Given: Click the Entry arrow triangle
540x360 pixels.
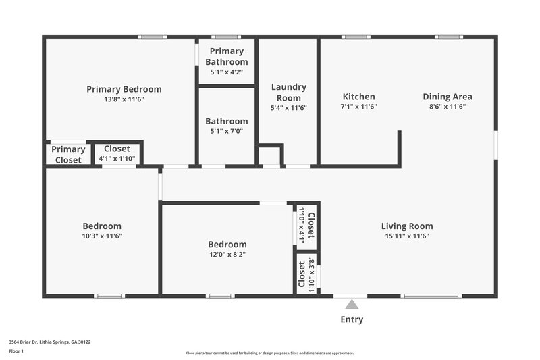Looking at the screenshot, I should coord(352,305).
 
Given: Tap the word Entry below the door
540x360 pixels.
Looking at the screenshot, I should coord(352,319).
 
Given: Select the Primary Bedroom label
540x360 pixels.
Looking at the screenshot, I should coord(124,89).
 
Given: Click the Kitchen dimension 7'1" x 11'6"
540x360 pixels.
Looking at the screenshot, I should coord(358,107).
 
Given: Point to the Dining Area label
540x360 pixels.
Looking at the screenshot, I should coord(448,97).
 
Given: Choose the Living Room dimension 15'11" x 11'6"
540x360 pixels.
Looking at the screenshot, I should coord(407,236).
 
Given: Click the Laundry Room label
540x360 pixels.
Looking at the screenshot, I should coord(288,92).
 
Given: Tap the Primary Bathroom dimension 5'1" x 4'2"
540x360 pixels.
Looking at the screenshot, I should coord(226,72).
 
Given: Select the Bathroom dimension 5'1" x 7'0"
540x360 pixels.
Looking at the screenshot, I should coord(226,132).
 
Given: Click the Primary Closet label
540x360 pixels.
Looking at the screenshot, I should coord(68,155).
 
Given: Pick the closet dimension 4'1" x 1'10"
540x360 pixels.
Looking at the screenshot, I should coord(117,159).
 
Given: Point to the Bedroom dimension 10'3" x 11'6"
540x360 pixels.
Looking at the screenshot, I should coord(102,236).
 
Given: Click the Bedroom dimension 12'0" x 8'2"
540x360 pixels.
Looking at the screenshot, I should coord(227,255).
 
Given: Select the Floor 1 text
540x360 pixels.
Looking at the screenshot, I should coord(16,352).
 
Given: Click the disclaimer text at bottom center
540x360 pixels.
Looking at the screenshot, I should coord(270,353).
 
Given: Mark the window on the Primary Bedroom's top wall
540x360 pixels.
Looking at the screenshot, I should coord(152,37).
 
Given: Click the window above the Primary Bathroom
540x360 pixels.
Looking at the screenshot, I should coord(225,37).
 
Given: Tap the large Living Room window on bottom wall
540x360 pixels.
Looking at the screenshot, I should coord(431,296).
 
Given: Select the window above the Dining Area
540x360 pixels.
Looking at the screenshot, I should coord(448,37).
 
